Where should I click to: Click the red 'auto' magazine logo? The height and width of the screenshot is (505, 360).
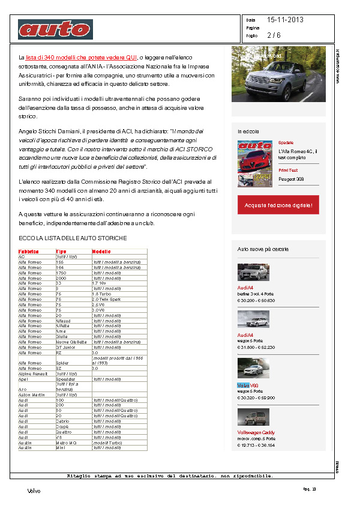55,29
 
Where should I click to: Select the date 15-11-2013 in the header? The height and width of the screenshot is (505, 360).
285,20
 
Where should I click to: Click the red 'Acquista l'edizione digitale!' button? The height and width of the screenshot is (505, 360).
278,205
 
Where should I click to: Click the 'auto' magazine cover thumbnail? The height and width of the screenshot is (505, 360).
250,164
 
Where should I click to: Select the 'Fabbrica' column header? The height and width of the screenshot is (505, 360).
28,252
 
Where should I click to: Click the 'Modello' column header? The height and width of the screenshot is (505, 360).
102,252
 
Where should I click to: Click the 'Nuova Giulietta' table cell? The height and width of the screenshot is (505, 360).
71,342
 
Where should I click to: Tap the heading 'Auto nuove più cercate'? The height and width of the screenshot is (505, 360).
263,248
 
